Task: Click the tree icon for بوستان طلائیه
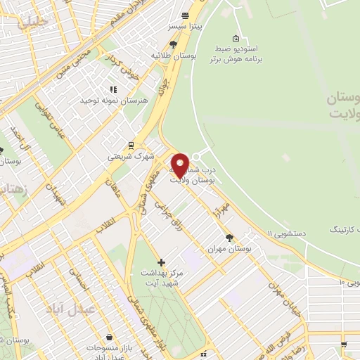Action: (173, 44)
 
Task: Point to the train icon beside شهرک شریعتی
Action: (131, 146)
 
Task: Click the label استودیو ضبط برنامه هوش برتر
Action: (235, 54)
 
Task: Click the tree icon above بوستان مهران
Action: (229, 238)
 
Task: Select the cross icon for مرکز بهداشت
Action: (162, 262)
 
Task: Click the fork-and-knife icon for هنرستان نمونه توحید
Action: (112, 89)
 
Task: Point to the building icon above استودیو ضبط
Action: (235, 38)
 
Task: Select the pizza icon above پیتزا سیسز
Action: (184, 15)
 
